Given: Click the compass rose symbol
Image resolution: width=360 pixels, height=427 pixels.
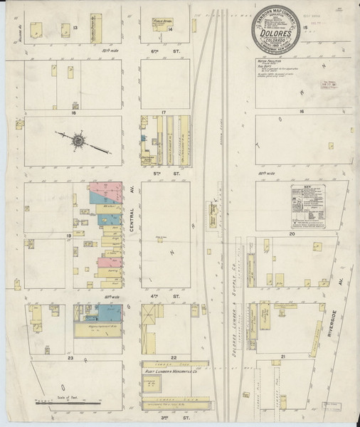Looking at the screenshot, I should [77, 139].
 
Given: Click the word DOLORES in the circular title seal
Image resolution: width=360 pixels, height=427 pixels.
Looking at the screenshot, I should [278, 33].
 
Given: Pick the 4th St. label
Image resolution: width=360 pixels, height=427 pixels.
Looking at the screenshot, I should [161, 293].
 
